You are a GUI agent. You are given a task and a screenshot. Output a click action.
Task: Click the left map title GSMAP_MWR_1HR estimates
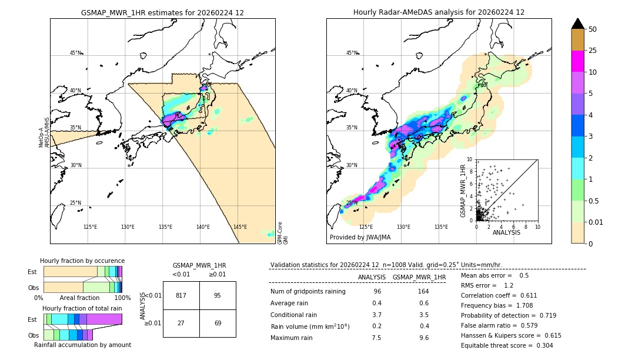pyautogui.click(x=162, y=12)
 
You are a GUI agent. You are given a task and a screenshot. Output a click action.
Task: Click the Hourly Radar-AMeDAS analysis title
pyautogui.click(x=439, y=12)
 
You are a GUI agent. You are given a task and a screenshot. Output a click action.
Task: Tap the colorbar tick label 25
pyautogui.click(x=593, y=51)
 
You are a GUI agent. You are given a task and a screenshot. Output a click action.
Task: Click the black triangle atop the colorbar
pyautogui.click(x=578, y=24)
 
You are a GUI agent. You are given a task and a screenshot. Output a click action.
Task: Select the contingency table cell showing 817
pyautogui.click(x=181, y=295)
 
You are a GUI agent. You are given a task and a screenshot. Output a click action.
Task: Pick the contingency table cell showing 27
pyautogui.click(x=181, y=324)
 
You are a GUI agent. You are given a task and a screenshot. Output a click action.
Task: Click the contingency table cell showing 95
pyautogui.click(x=218, y=295)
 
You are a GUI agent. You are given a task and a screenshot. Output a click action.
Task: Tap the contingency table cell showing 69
pyautogui.click(x=218, y=324)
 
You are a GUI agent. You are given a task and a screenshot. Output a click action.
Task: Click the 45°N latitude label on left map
pyautogui.click(x=76, y=53)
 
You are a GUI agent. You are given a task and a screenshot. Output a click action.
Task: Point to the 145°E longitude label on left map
pyautogui.click(x=240, y=227)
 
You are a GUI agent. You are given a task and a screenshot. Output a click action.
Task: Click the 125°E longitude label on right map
pyautogui.click(x=366, y=227)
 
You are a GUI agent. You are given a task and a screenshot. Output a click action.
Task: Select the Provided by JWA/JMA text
pyautogui.click(x=360, y=238)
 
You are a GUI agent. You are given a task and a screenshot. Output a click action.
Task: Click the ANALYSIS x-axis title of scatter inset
pyautogui.click(x=506, y=232)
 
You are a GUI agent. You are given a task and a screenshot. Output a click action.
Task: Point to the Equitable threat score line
pyautogui.click(x=507, y=345)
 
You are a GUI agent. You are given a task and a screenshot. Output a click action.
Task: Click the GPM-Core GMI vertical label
pyautogui.click(x=283, y=233)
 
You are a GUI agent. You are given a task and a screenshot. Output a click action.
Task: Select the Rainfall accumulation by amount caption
pyautogui.click(x=82, y=345)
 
